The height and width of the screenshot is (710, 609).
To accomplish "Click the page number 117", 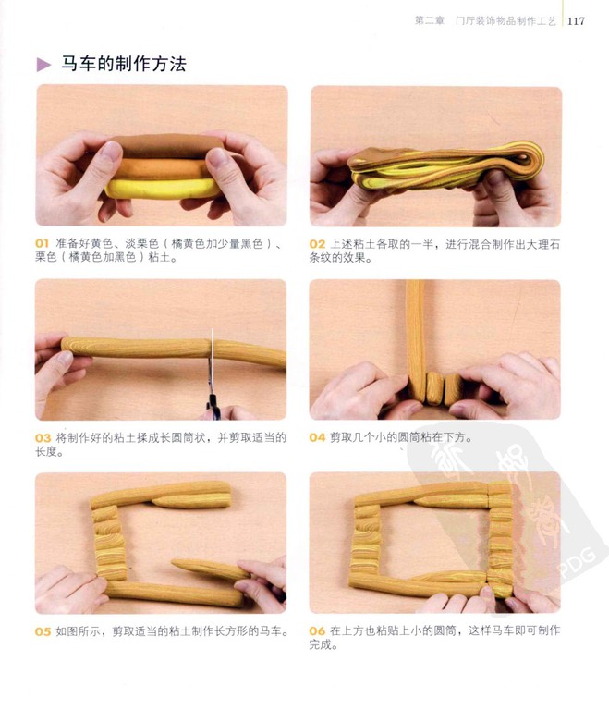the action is tap(576, 21).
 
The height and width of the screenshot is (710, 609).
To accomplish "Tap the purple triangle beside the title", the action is tap(44, 65).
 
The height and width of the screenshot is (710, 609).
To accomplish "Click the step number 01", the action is tap(43, 244).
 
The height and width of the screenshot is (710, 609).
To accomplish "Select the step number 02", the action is tap(317, 244).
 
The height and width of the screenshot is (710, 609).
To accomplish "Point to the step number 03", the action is tap(43, 438).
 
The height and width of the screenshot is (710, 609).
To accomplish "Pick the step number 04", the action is tap(317, 437).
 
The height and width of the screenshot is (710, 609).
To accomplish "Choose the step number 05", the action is tap(43, 631).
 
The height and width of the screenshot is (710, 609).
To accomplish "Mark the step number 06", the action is tap(317, 630).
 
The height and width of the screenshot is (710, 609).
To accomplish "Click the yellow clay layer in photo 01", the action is tap(162, 188).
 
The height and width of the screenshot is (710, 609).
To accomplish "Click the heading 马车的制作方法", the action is tap(124, 64).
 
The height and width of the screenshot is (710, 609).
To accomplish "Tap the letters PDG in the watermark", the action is tap(578, 563).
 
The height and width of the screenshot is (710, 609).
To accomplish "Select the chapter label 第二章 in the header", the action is tap(430, 21).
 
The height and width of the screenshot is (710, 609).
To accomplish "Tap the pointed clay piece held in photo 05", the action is tap(209, 569).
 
